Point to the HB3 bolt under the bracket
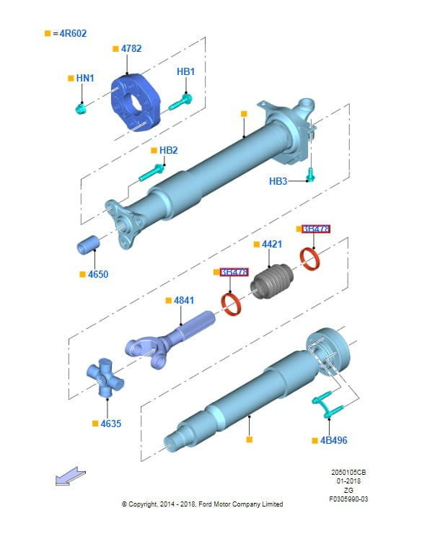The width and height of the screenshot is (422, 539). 311,173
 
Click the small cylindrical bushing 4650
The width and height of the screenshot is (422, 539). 88,245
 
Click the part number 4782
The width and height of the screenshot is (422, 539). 131,48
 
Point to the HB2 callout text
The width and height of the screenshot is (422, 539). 168,150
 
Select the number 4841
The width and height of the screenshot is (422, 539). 183,299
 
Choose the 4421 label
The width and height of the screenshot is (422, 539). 271,245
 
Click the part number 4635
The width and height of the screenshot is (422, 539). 110,424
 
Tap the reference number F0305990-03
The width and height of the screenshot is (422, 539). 348,499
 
